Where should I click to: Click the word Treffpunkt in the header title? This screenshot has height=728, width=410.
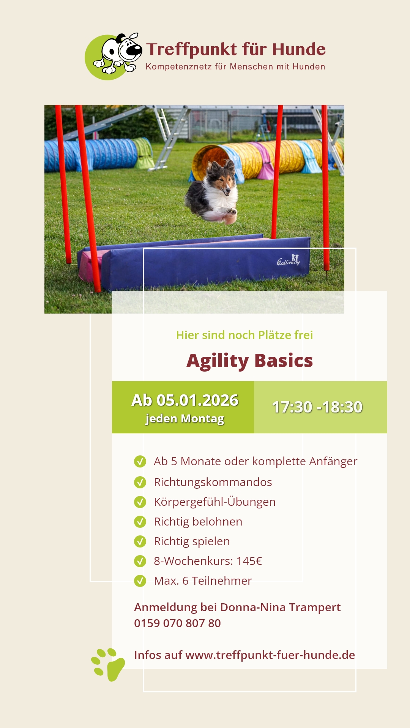point(192,50)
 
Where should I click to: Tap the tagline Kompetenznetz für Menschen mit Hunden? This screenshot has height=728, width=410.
point(235,67)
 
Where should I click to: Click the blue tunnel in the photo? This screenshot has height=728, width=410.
point(91,155)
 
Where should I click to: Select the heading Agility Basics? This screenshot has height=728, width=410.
point(250,361)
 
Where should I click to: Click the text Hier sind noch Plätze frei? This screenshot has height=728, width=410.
point(244,335)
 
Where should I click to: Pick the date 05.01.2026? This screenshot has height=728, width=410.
point(197,400)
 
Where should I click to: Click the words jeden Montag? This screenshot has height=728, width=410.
point(185,419)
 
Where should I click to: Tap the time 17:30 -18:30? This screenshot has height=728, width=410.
point(317,407)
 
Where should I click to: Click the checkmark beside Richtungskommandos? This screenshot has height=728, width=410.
point(140,482)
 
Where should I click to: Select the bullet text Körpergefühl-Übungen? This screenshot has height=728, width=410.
point(215,502)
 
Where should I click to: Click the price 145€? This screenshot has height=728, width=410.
point(249,561)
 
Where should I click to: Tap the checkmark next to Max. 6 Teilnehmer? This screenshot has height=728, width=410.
point(140,581)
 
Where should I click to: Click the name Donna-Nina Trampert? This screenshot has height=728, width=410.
point(281,607)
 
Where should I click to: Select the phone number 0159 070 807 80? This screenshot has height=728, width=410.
point(178,623)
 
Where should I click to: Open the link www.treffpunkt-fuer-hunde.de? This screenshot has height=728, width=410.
point(270,655)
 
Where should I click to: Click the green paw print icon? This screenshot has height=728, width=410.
point(109,665)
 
